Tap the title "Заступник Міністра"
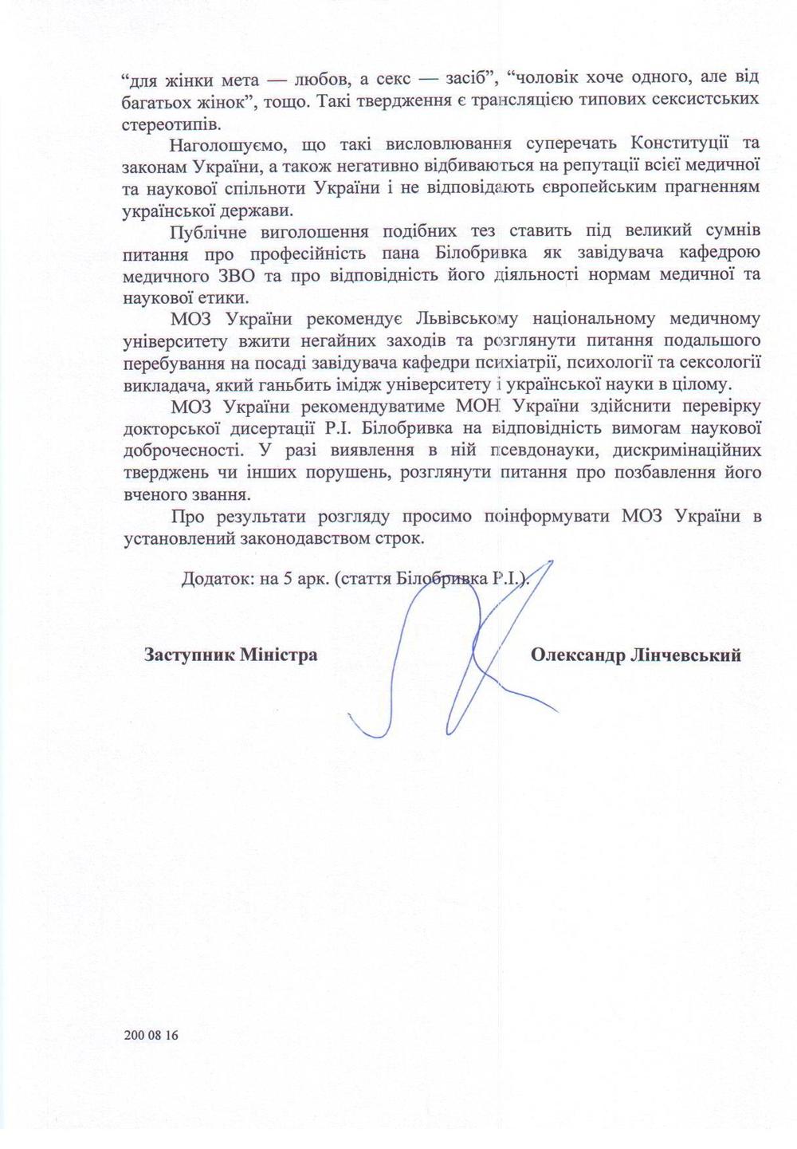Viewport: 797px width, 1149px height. click(x=230, y=655)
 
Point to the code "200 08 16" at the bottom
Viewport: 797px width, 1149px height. click(x=152, y=1037)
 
